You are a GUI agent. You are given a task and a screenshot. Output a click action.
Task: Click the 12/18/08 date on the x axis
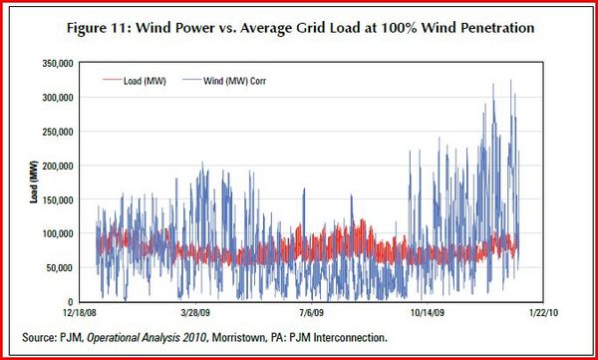[x=80, y=312]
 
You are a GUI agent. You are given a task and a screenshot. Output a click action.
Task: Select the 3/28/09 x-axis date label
[x=196, y=312]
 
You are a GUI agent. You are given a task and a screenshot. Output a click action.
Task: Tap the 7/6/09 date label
[x=312, y=312]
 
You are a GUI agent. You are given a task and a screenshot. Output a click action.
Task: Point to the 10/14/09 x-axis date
[x=428, y=312]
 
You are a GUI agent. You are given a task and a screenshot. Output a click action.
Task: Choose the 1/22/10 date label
[x=543, y=312]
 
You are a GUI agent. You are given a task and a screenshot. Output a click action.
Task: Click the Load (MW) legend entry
[x=135, y=81]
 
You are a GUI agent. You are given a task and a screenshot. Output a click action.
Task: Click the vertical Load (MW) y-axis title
[x=34, y=182]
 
